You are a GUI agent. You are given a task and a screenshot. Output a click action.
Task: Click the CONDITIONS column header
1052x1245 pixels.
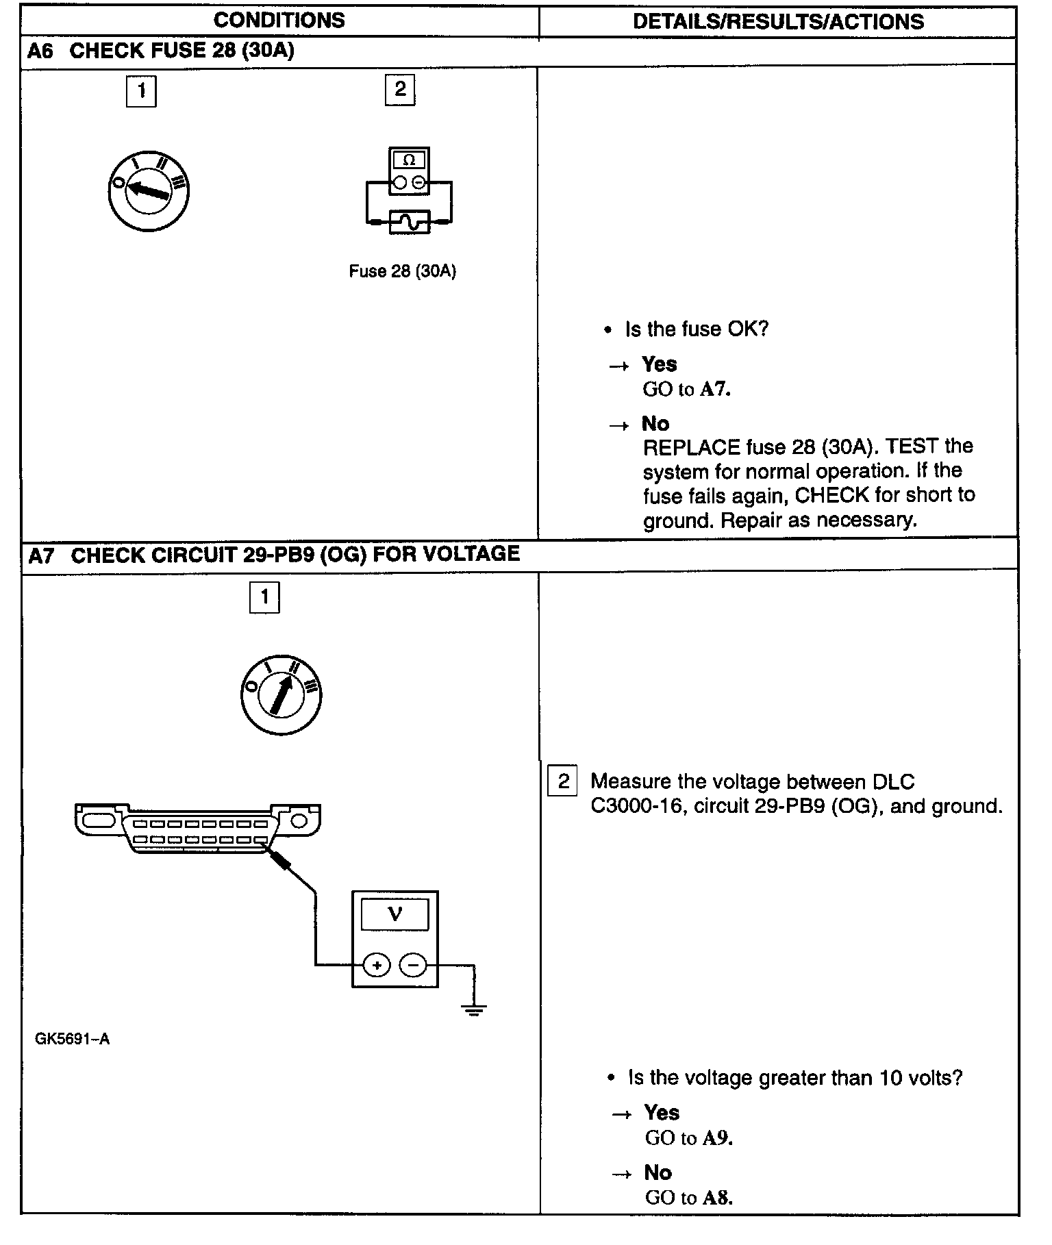pos(279,21)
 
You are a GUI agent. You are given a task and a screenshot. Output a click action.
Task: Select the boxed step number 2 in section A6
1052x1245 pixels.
pos(400,90)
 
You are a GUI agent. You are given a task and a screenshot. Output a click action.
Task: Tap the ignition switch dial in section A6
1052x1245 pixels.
pos(149,191)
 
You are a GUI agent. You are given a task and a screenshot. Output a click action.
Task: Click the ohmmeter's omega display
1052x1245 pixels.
pos(409,160)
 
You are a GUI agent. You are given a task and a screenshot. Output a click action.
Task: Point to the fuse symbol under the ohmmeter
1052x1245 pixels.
pos(409,222)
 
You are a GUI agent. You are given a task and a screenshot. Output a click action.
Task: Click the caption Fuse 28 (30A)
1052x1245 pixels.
pos(402,271)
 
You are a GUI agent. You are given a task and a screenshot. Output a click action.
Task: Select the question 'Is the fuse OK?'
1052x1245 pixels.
pos(696,329)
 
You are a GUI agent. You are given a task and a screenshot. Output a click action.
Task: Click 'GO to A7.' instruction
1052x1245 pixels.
pos(686,390)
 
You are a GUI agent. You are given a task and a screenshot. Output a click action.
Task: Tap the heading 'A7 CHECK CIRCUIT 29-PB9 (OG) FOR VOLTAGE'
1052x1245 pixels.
pos(274,554)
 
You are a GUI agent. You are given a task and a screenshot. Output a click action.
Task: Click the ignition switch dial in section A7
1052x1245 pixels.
pos(281,694)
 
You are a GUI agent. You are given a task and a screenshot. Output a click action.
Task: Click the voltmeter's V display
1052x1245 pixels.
pos(394,914)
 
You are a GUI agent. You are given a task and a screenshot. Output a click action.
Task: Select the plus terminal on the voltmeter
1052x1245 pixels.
pos(376,966)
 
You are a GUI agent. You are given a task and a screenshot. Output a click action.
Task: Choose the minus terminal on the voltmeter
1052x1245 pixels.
pos(412,966)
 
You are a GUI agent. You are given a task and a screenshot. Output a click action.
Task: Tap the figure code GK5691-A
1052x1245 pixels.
pos(72,1039)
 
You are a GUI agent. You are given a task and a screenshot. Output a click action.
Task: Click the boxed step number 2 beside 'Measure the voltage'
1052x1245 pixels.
pos(563,781)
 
